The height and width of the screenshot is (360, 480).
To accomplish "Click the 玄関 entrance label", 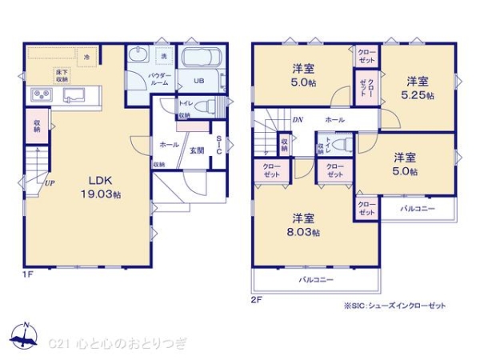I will [196, 150].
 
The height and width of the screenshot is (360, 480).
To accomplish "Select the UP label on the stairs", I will [50, 182].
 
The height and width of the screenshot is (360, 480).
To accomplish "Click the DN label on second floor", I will [298, 120].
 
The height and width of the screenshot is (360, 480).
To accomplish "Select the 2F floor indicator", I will [256, 299].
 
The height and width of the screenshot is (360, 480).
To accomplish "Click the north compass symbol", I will [26, 337].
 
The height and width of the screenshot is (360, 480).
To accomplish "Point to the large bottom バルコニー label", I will [316, 280].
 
